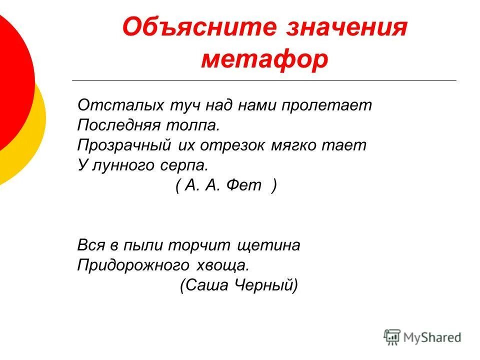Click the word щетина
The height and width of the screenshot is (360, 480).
(x=270, y=245)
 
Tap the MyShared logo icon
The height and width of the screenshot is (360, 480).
(x=392, y=337)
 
